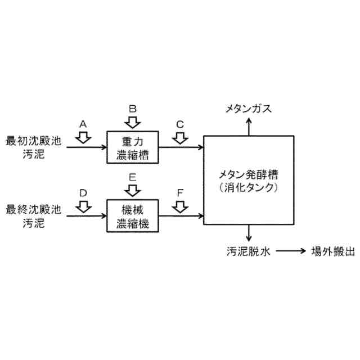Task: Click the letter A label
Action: (83, 123)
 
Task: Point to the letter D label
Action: (83, 193)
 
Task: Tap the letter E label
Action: (133, 177)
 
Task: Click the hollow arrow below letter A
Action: (83, 137)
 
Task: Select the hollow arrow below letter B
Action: (133, 121)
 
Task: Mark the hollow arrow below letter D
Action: (83, 206)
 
